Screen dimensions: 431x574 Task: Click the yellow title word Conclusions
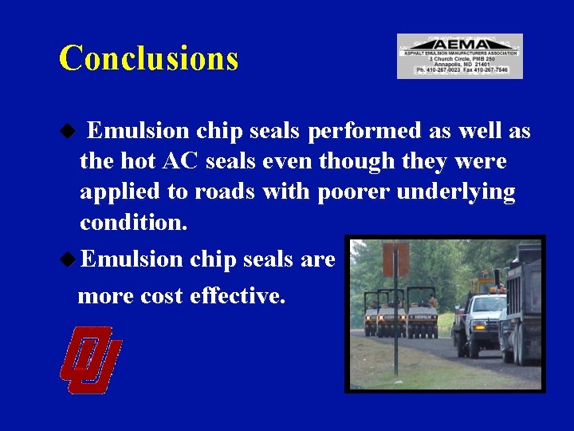pyautogui.click(x=148, y=58)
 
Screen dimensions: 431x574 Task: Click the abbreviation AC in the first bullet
pyautogui.click(x=181, y=161)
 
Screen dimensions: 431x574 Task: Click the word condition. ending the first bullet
pyautogui.click(x=134, y=222)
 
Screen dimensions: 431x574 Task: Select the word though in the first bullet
pyautogui.click(x=356, y=161)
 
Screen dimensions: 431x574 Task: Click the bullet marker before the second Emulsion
pyautogui.click(x=70, y=259)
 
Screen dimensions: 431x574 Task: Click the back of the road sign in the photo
pyautogui.click(x=395, y=259)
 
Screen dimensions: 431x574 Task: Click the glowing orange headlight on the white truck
pyautogui.click(x=478, y=326)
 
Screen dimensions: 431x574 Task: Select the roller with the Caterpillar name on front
pyautogui.click(x=420, y=314)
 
